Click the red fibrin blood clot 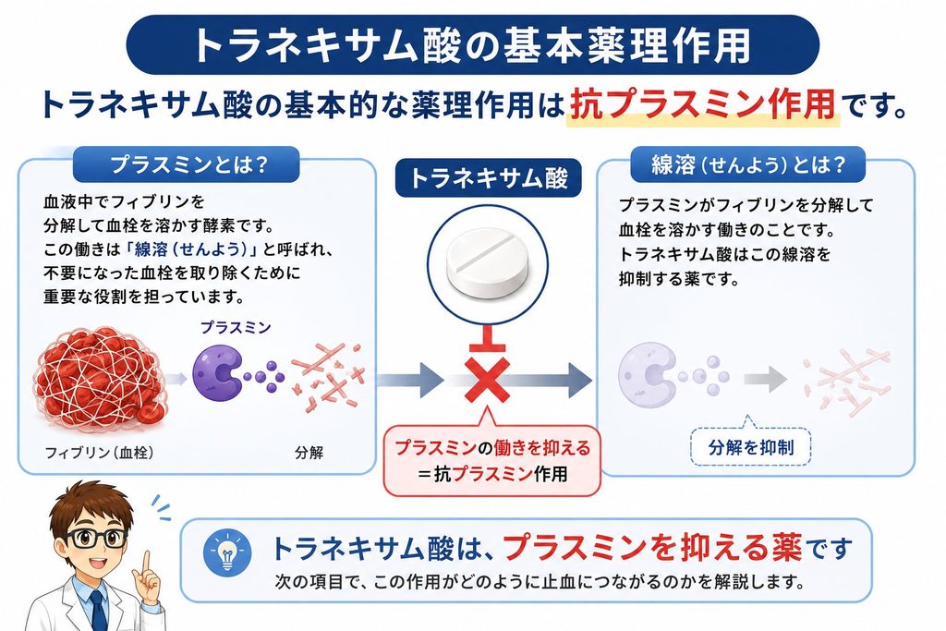[100, 379]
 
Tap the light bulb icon [227, 552]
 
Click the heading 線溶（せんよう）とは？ [748, 164]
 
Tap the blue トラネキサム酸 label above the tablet [488, 178]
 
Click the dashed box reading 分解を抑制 [750, 447]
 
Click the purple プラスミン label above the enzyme [236, 328]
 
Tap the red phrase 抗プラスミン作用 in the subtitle [703, 104]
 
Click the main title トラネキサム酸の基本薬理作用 [472, 45]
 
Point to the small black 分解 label [309, 453]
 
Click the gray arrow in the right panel [766, 380]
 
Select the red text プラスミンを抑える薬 [653, 547]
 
